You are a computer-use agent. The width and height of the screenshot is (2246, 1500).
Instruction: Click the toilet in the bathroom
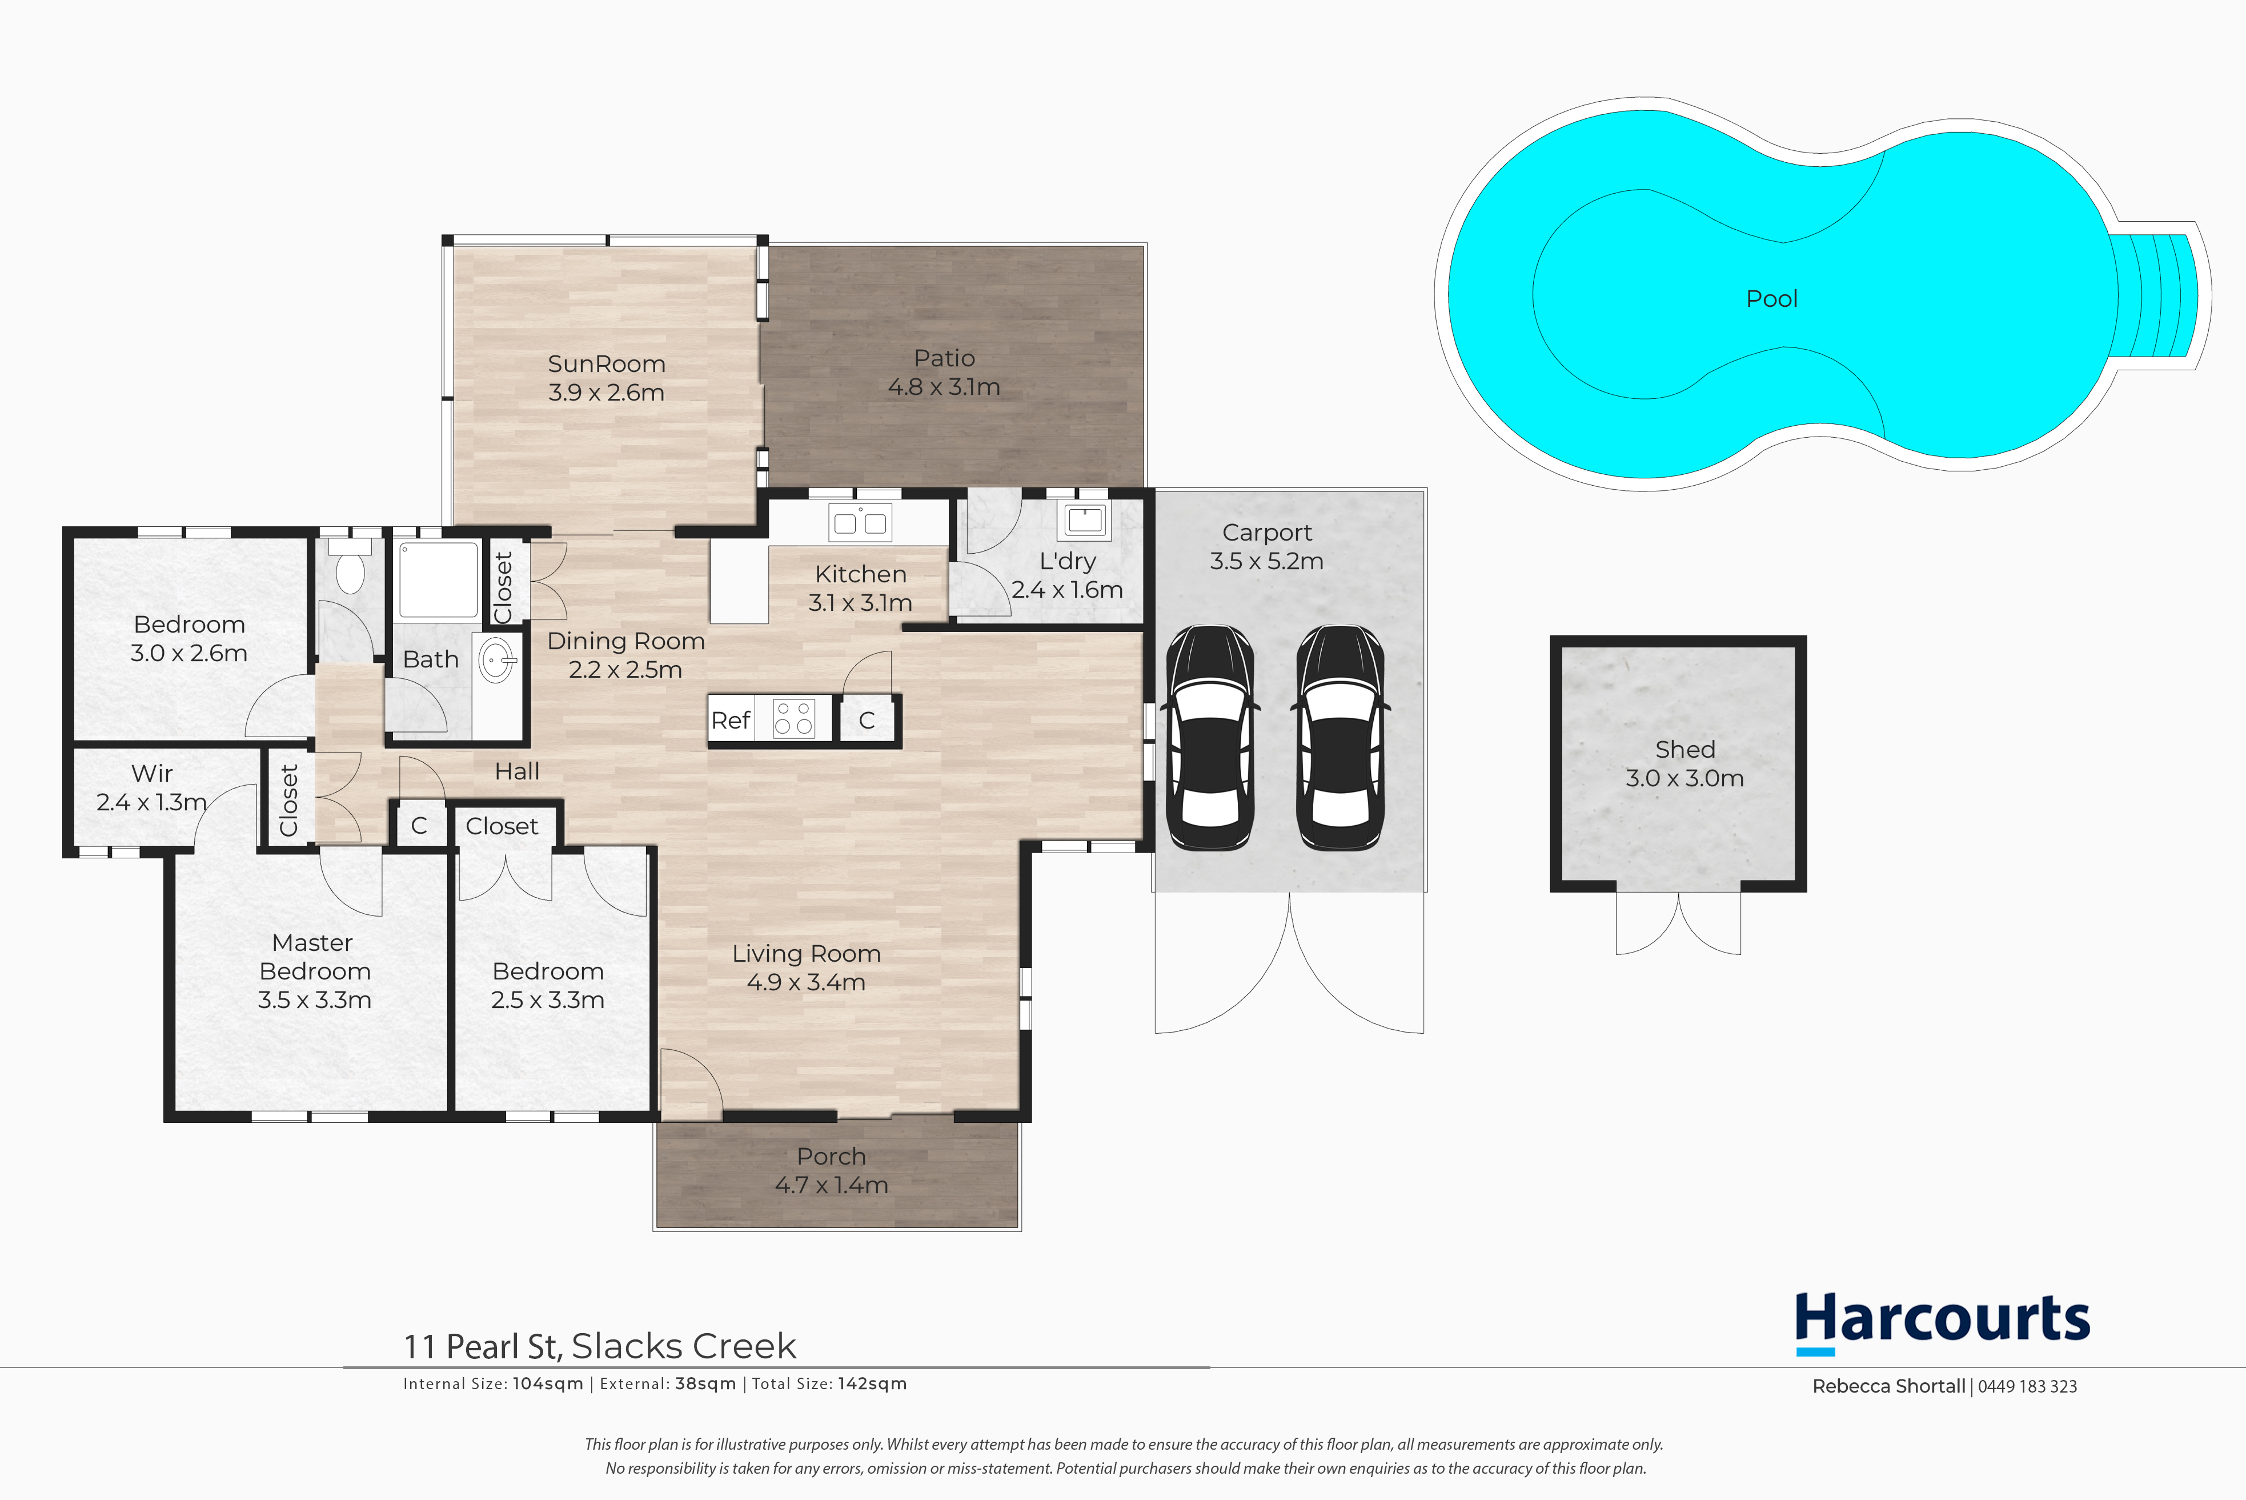[350, 565]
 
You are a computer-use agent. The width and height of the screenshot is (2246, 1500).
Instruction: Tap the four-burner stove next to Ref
[793, 718]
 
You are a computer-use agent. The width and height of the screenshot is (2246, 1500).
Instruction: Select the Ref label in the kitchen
[731, 721]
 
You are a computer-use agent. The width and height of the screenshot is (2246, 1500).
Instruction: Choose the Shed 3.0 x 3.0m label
[1684, 763]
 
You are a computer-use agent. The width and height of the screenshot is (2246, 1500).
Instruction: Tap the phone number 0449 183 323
[2027, 1386]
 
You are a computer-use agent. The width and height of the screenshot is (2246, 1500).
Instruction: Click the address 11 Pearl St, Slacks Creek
[600, 1346]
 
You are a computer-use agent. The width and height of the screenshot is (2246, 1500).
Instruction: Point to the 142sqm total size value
[872, 1383]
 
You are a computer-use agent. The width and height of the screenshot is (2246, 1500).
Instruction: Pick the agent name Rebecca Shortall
[1888, 1386]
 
